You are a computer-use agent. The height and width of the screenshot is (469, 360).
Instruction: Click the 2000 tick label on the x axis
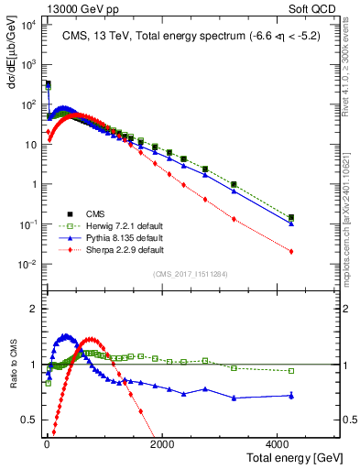click(161, 443)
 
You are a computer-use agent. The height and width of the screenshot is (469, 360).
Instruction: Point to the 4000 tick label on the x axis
click(278, 443)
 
